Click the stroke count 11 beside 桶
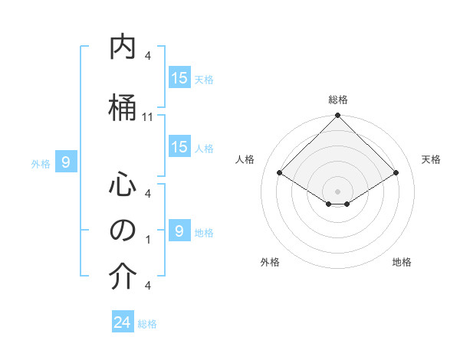[x=148, y=116]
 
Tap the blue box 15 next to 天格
[x=179, y=78]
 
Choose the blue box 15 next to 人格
[x=179, y=147]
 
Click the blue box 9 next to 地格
[x=179, y=231]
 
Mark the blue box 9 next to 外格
[x=66, y=162]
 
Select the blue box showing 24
[x=123, y=322]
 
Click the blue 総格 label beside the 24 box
[x=147, y=324]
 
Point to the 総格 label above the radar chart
[x=337, y=100]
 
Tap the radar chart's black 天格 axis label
[x=431, y=159]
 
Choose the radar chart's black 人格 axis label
[x=245, y=159]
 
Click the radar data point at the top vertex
[x=337, y=116]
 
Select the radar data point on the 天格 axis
[x=396, y=173]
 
